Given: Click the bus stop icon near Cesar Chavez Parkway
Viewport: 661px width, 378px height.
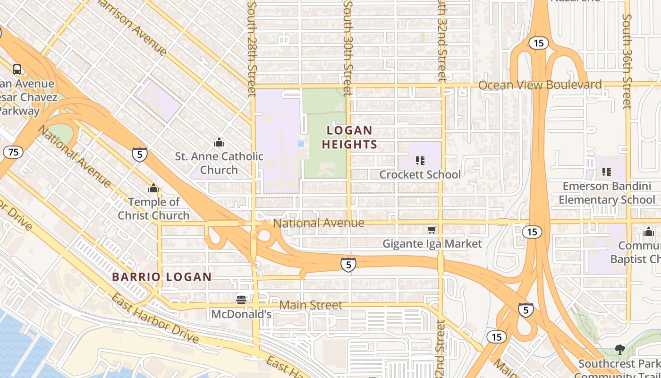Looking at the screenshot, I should point(17,69).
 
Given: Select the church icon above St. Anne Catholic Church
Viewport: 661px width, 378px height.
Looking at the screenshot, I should point(219,142).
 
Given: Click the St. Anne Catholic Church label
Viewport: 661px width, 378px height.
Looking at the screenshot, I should point(219,163).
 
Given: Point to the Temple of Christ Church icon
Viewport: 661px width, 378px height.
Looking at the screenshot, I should point(153,189).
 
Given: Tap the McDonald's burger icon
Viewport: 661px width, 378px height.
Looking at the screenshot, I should point(241,300).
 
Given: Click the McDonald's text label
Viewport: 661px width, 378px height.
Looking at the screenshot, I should point(241,314).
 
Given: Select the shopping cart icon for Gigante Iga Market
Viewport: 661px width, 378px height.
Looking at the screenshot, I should point(432,230).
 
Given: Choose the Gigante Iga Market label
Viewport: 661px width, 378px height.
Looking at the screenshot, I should point(432,244).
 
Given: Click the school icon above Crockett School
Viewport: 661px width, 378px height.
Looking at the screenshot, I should point(420,161).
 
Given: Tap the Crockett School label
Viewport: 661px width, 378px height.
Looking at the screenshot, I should point(420,175).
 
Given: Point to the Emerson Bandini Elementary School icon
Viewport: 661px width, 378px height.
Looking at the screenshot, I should point(607,172).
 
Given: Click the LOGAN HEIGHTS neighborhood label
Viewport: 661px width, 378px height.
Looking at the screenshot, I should point(350,137).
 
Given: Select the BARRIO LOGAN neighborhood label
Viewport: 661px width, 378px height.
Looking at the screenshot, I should point(162,277).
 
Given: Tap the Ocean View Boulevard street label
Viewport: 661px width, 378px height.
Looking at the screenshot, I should point(540,85).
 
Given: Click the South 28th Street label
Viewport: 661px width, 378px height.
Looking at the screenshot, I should point(252,47).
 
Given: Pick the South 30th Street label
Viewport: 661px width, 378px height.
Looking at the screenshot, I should point(348,47).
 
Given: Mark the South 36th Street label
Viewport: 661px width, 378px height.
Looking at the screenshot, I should point(627,61).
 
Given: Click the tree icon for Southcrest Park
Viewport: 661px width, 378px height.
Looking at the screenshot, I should point(619,350).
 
